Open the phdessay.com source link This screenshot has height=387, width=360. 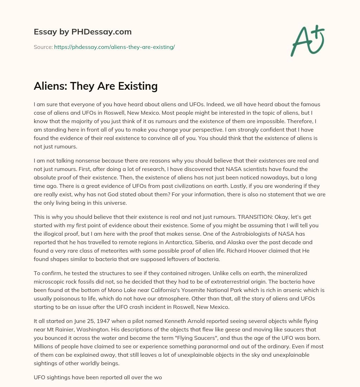tap(114, 47)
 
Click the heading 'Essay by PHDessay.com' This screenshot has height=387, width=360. tap(83, 32)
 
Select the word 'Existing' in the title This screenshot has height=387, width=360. tap(136, 86)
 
